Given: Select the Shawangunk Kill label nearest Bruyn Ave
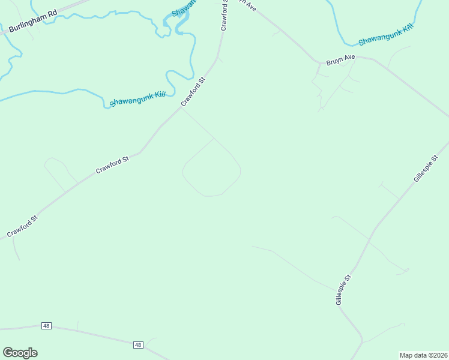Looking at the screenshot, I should pyautogui.click(x=385, y=37).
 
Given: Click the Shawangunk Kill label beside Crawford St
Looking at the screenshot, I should pyautogui.click(x=137, y=98).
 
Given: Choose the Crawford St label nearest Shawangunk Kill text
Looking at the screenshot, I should pyautogui.click(x=193, y=91).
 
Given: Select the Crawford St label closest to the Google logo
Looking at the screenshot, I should pyautogui.click(x=22, y=226).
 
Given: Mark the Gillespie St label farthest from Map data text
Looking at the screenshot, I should pyautogui.click(x=427, y=169).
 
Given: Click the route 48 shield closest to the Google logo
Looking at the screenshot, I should pyautogui.click(x=46, y=326).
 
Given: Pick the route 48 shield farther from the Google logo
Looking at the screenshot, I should pyautogui.click(x=139, y=345).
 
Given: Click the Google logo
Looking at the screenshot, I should pyautogui.click(x=20, y=353).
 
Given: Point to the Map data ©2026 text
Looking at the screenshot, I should pyautogui.click(x=424, y=355).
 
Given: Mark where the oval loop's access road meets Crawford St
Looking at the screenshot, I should pyautogui.click(x=181, y=108).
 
